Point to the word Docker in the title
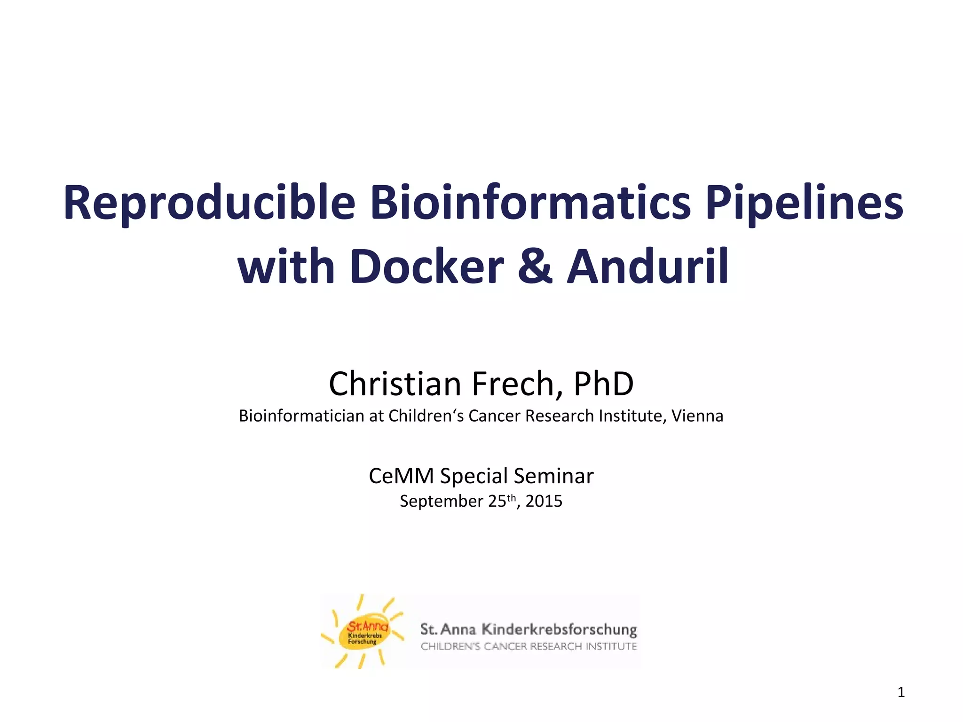(x=427, y=267)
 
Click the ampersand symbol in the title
(x=535, y=267)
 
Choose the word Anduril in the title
(x=648, y=267)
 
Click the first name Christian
(x=395, y=384)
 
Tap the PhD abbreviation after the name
(x=604, y=384)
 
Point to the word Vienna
(x=697, y=416)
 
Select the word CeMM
(x=401, y=476)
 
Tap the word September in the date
(x=441, y=501)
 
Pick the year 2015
(x=544, y=501)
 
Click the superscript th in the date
(x=511, y=497)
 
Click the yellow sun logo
(x=363, y=632)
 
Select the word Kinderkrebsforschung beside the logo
(x=560, y=629)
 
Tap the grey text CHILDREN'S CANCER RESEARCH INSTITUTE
(x=529, y=646)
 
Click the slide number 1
(x=901, y=692)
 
